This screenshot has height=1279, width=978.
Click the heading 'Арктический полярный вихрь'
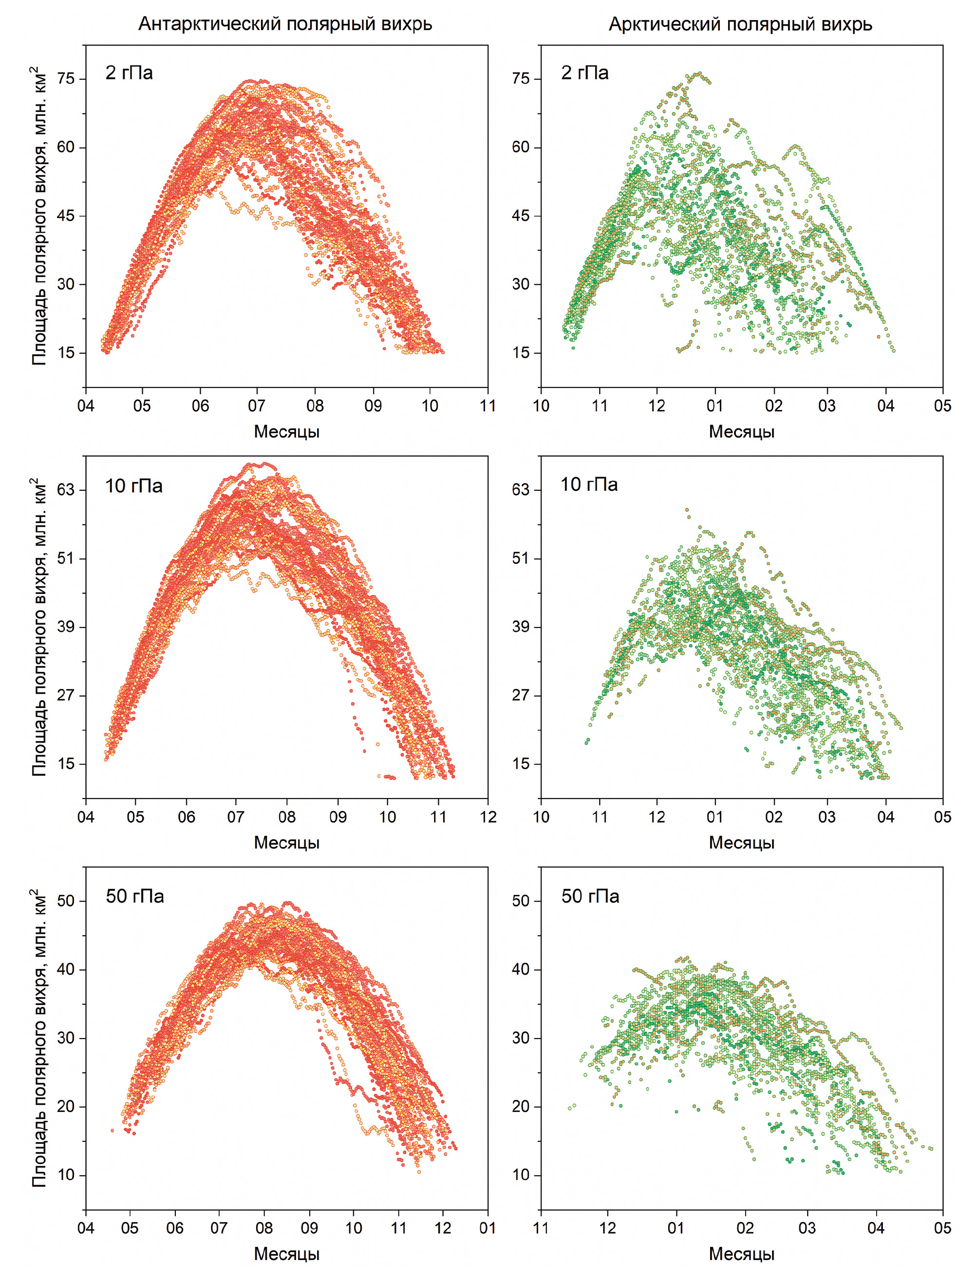point(740,24)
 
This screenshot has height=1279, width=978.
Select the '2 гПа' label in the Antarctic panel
point(129,73)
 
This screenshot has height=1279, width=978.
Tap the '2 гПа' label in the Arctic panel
point(584,73)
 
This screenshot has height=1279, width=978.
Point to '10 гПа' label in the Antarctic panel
point(134,486)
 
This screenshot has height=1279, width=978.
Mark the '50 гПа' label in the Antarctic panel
point(134,896)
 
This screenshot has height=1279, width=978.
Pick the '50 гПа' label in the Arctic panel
point(590,896)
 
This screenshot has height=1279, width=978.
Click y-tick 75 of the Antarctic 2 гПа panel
point(66,78)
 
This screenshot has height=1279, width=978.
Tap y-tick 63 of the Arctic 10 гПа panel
point(521,489)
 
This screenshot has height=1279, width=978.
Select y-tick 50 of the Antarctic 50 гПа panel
point(66,901)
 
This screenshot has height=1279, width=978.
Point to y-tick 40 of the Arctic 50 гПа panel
point(521,969)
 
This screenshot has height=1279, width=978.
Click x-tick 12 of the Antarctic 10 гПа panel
point(488,817)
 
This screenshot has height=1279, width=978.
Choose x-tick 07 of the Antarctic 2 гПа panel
point(256,406)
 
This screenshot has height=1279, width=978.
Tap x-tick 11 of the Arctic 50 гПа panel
point(541,1228)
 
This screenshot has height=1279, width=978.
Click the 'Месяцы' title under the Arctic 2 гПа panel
point(741,432)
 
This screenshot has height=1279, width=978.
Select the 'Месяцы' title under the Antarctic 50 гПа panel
point(286,1254)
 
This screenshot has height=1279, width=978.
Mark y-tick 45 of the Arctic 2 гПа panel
point(521,216)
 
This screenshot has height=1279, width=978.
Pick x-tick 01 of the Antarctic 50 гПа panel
point(487,1228)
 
